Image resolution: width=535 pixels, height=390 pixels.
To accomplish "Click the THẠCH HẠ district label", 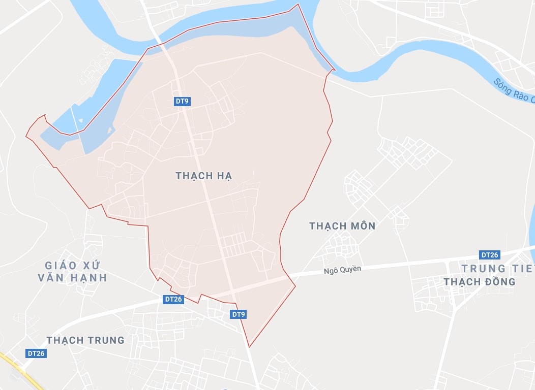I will click(x=204, y=176).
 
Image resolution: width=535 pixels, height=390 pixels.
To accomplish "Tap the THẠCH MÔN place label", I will click(x=342, y=226).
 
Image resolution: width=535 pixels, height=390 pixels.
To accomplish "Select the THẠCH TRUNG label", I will click(x=85, y=340).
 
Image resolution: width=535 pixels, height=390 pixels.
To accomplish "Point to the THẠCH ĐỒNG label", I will click(x=480, y=281).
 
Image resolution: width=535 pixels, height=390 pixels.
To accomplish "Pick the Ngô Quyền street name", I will click(x=343, y=270).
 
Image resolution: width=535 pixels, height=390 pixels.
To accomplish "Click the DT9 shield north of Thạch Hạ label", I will click(x=182, y=102).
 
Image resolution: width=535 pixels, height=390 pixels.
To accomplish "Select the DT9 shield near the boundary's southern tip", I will click(x=239, y=314).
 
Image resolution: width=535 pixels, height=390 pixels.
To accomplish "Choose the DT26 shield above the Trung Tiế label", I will click(x=490, y=255).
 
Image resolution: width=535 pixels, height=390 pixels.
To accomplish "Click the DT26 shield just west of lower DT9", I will click(x=173, y=299).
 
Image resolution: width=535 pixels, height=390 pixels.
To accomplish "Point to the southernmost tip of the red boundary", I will click(x=249, y=347).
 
